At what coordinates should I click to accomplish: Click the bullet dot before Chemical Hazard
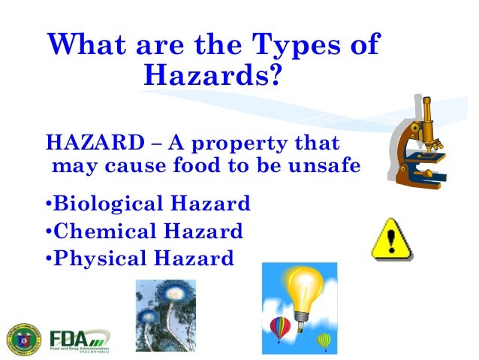pyautogui.click(x=49, y=231)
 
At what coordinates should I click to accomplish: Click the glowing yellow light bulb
pyautogui.click(x=303, y=290)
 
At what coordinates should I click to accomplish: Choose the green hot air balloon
pyautogui.click(x=324, y=340)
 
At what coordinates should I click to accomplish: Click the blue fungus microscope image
pyautogui.click(x=165, y=316)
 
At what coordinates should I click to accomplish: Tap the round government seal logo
pyautogui.click(x=25, y=337)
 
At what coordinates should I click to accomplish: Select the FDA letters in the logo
pyautogui.click(x=69, y=335)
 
